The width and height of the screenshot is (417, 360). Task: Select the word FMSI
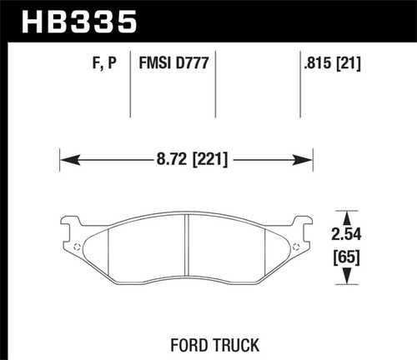[x=156, y=60]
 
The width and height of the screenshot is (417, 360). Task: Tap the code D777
[x=193, y=60]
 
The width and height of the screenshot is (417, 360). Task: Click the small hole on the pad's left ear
[x=77, y=247]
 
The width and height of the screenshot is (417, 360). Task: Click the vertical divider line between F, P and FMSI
[x=133, y=83]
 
